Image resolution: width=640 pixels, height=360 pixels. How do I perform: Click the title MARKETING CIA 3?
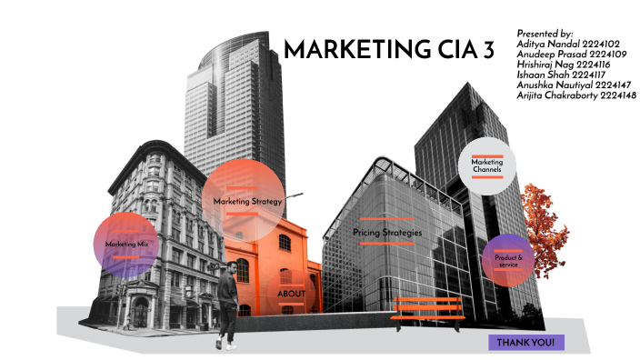pos(389,50)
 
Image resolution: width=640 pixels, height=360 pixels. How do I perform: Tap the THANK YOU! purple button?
pos(526,342)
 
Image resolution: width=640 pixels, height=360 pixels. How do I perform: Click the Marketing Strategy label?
pos(248,200)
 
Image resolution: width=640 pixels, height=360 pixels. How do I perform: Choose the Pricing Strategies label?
pos(387,234)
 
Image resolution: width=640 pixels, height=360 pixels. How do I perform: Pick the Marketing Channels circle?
pos(486,165)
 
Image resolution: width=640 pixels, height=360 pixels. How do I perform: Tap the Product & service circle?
pos(508,259)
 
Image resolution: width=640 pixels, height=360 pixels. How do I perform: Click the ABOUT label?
pos(291,294)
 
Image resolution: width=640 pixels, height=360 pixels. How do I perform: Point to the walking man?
pos(228,300)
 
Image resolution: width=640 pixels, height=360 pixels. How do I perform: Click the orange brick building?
pos(273,259)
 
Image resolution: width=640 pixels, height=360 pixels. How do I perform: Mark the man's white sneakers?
pos(228,345)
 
